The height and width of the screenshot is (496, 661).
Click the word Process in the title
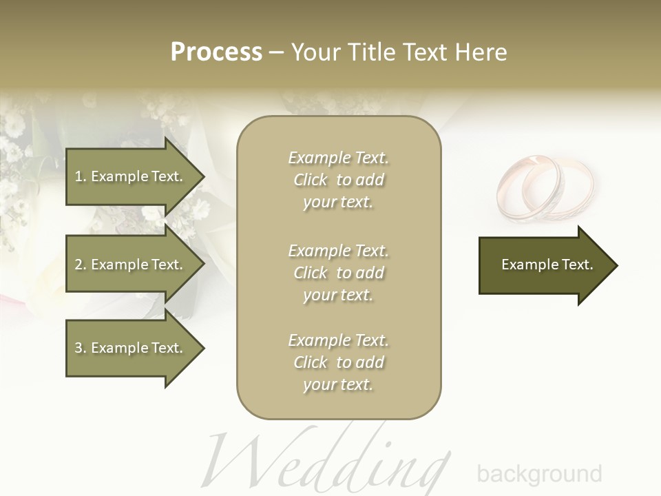tap(216, 52)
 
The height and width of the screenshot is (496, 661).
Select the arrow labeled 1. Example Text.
tap(131, 176)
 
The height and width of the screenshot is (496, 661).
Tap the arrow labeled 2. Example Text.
tap(131, 265)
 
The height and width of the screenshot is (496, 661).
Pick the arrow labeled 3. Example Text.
tap(131, 348)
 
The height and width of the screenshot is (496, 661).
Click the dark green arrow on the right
tap(544, 265)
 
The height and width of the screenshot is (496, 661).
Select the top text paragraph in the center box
tap(338, 180)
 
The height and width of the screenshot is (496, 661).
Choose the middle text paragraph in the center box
tap(338, 273)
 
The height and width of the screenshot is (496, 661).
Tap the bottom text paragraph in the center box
tap(338, 362)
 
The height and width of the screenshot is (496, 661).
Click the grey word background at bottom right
tap(539, 474)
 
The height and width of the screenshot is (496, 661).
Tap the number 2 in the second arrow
tap(78, 265)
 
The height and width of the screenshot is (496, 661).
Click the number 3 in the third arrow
tap(78, 348)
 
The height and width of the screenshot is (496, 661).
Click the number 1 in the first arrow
tap(78, 176)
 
